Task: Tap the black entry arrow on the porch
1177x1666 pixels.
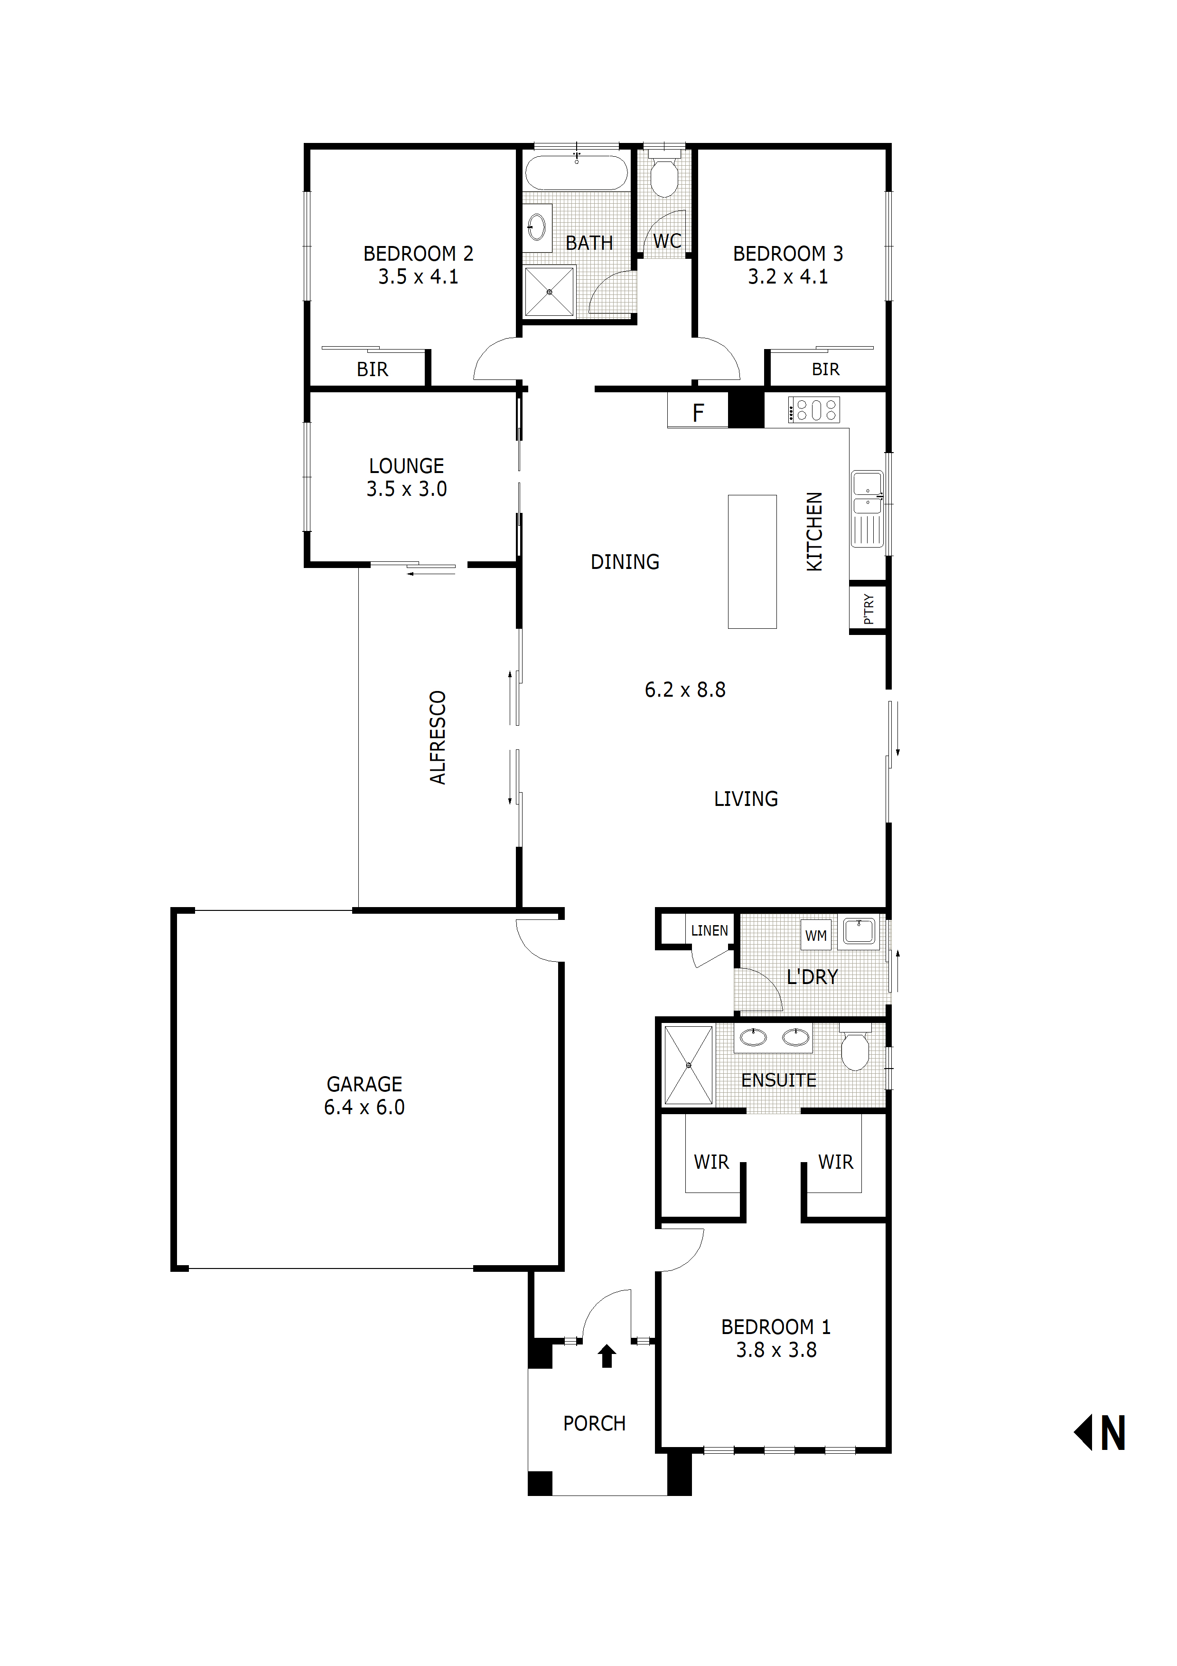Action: point(607,1355)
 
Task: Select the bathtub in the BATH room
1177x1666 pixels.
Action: point(577,173)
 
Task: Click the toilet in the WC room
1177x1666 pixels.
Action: point(664,174)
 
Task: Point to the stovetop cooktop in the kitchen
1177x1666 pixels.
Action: point(813,410)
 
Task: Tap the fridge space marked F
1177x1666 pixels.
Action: point(698,413)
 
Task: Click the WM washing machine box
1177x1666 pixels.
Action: point(816,935)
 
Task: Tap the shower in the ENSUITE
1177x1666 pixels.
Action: point(688,1064)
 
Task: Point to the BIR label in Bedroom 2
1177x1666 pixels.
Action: point(372,369)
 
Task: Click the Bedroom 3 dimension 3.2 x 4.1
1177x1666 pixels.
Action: point(787,276)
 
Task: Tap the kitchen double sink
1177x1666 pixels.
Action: point(868,493)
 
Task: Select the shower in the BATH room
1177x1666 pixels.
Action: point(549,292)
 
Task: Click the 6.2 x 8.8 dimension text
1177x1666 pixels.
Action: point(684,689)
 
